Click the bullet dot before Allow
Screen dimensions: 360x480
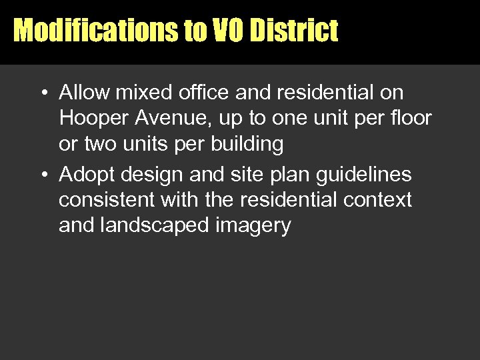[x=43, y=93]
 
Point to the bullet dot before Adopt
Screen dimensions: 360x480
[x=43, y=175]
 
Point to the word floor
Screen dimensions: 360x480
[x=412, y=119]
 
